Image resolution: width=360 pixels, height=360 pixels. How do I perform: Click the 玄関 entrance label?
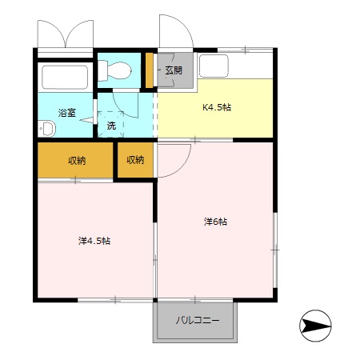174,70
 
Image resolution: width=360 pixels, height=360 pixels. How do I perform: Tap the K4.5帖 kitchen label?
217,107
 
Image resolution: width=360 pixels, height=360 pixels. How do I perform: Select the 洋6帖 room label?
215,222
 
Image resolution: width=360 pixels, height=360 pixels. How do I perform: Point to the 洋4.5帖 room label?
94,241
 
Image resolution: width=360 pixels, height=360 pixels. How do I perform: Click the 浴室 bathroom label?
67,113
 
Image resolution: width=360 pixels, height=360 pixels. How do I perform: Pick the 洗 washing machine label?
111,126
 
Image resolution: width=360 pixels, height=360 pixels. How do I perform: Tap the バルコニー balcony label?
198,320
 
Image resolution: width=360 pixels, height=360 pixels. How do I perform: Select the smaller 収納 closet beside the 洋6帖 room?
135,160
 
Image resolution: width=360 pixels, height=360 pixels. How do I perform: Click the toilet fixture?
114,70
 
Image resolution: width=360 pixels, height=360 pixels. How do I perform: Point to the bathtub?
65,78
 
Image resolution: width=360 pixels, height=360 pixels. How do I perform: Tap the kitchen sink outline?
214,66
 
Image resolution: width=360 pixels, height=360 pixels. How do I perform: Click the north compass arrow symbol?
315,326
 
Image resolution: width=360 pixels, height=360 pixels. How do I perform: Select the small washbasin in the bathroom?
46,129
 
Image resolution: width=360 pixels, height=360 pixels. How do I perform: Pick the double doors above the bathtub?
66,34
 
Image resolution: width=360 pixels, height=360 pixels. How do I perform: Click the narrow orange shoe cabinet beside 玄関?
150,70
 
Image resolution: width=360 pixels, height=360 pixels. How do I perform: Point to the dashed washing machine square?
111,124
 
